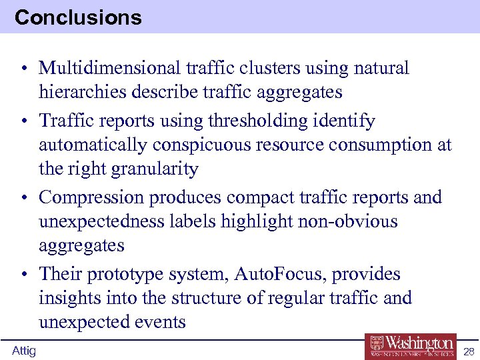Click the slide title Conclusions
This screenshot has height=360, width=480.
point(78,17)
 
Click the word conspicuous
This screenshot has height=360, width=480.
point(207,145)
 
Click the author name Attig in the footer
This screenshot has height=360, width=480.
point(24,351)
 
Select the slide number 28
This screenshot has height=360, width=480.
point(468,351)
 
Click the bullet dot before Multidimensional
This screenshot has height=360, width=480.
point(23,69)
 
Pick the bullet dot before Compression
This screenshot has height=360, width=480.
point(23,198)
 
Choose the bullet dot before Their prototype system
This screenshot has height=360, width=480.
point(23,275)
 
